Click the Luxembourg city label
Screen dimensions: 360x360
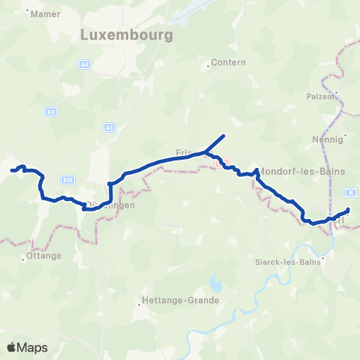(x=127, y=35)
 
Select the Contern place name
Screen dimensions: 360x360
(x=229, y=62)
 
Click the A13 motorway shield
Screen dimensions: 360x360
(x=67, y=180)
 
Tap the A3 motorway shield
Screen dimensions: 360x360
(x=109, y=128)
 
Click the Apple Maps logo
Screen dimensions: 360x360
(x=27, y=347)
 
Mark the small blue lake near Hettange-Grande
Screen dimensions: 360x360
(x=217, y=285)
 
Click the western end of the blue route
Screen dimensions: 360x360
(x=12, y=170)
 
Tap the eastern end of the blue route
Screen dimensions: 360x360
(x=349, y=209)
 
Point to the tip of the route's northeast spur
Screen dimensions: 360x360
(x=224, y=136)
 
